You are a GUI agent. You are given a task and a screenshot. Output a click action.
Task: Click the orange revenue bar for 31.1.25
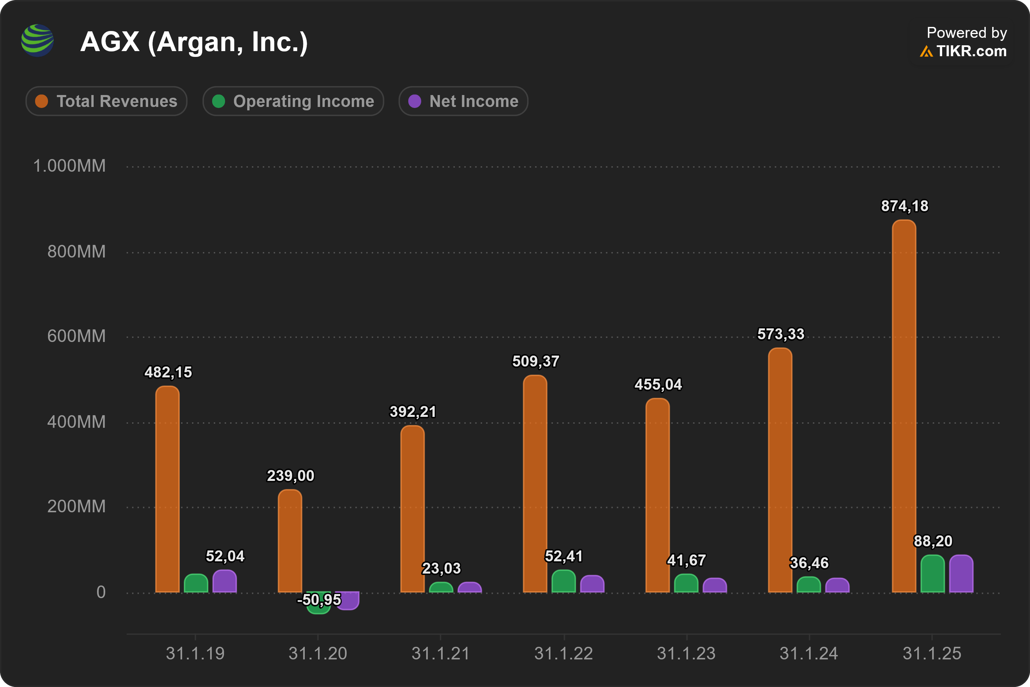click(904, 406)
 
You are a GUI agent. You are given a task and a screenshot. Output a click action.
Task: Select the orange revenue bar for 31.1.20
click(290, 541)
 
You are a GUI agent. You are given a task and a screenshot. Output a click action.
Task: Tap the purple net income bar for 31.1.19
click(225, 581)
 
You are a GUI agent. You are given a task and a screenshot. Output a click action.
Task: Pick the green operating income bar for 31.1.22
click(564, 581)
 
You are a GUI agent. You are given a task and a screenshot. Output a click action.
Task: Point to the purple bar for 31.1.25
click(961, 574)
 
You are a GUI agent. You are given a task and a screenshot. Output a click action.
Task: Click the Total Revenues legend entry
click(107, 101)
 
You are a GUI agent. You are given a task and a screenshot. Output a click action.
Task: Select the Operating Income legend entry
click(294, 101)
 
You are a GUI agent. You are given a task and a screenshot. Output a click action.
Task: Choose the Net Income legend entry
click(463, 101)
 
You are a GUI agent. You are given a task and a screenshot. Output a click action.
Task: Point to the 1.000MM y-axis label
click(69, 166)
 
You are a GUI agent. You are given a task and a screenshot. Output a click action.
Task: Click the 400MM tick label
click(76, 422)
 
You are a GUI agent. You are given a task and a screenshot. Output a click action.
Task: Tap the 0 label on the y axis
click(101, 592)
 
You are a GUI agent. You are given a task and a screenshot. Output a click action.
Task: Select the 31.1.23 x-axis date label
click(686, 654)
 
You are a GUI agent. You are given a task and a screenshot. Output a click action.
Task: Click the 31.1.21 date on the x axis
click(441, 654)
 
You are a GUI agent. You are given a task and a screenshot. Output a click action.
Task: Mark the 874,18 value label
click(905, 206)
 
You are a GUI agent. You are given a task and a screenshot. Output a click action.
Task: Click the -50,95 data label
click(319, 600)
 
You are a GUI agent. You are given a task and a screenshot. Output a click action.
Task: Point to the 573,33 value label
click(781, 334)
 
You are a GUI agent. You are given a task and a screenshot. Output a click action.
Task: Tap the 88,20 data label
click(933, 542)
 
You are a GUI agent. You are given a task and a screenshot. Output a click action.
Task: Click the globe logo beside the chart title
click(38, 40)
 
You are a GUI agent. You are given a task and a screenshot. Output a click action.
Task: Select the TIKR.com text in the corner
click(972, 51)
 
